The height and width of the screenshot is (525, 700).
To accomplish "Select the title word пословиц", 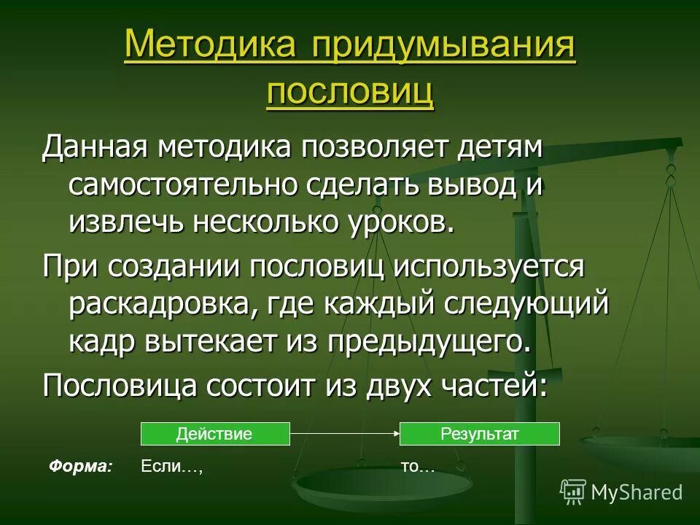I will click(349, 93).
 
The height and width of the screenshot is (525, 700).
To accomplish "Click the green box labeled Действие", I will click(214, 435).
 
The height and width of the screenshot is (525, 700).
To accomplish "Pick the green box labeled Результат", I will click(479, 435).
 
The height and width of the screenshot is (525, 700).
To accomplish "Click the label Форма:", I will click(81, 467).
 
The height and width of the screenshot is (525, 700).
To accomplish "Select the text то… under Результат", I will click(417, 467).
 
